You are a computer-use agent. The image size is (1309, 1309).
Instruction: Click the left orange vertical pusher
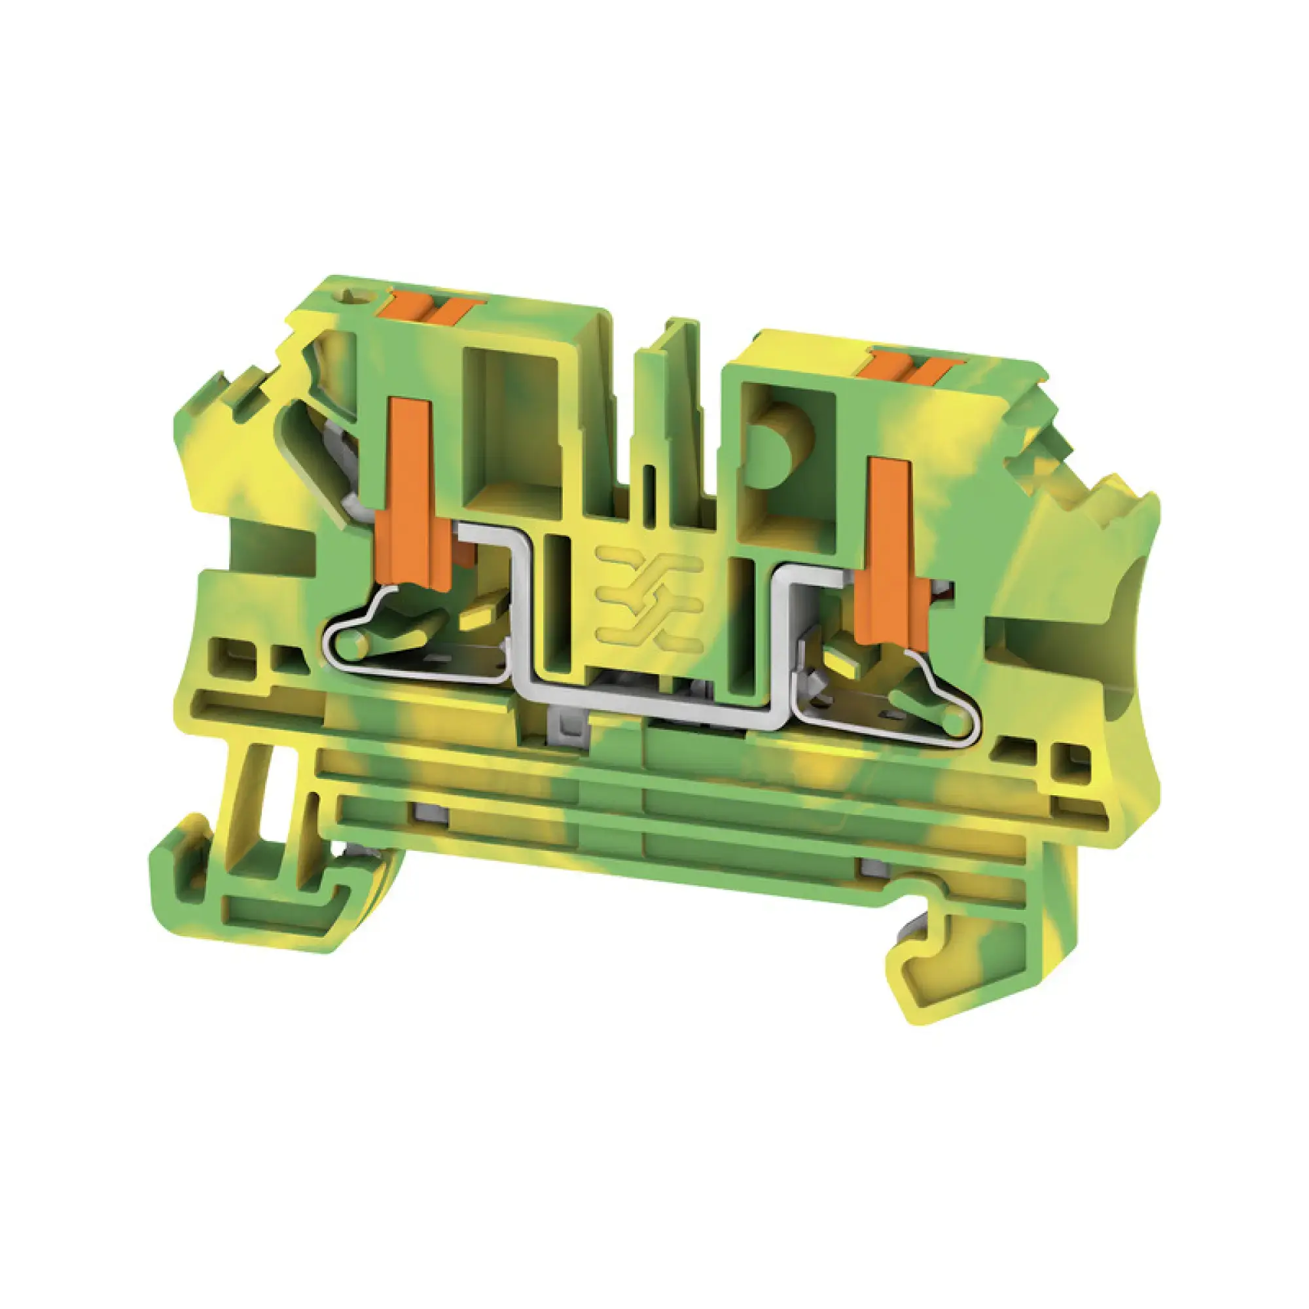(x=410, y=488)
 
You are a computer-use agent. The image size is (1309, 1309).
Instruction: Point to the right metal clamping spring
(x=888, y=705)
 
